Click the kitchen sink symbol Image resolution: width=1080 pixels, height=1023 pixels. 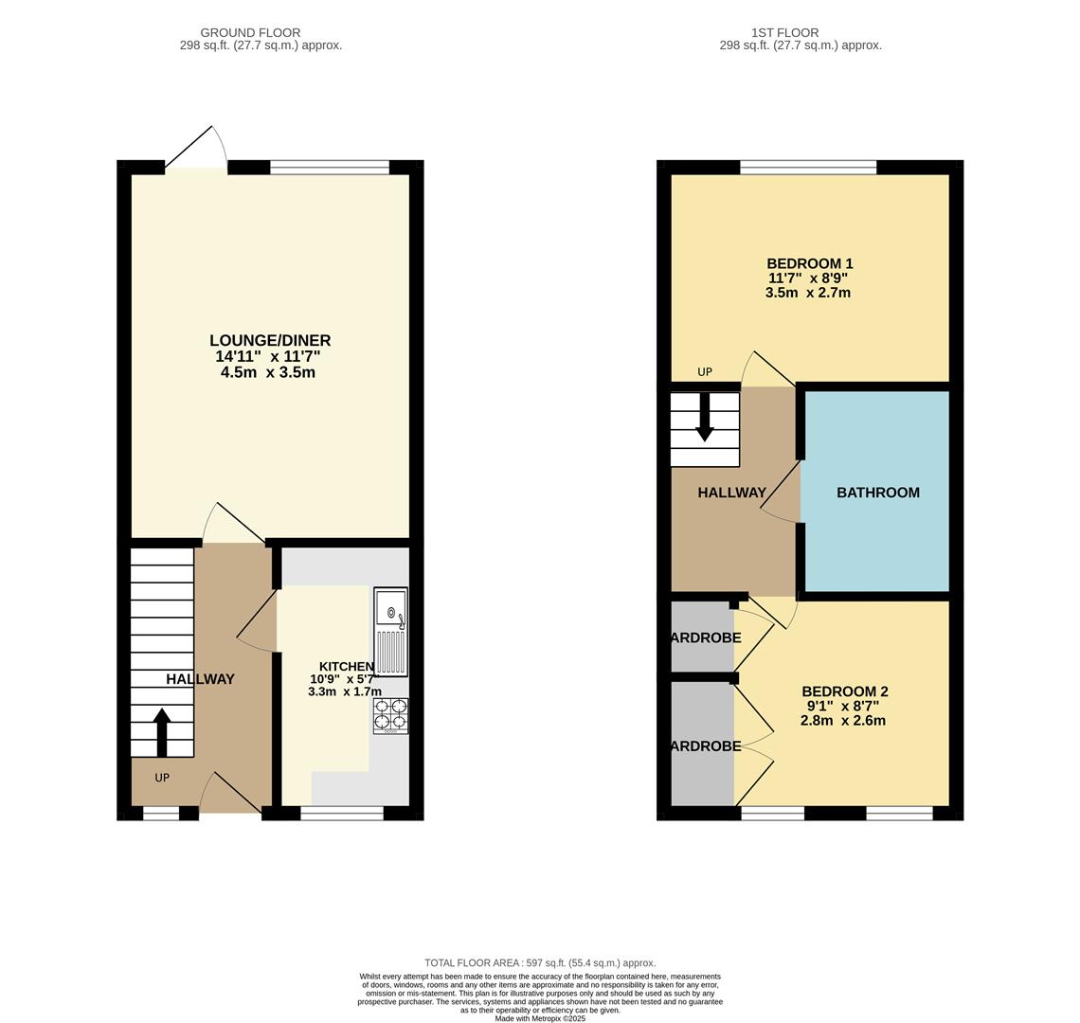coord(390,631)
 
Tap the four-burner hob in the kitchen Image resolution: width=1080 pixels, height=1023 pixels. coord(390,715)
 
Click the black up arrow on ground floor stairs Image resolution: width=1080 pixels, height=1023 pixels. coord(162,731)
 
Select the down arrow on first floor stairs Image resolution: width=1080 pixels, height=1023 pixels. coord(704,419)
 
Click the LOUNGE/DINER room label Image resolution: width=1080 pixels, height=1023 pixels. coord(270,340)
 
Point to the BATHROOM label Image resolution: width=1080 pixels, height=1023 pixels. coord(877,493)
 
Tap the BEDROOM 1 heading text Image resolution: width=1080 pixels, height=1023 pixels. coord(809,263)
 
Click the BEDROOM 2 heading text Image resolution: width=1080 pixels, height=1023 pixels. coord(844,691)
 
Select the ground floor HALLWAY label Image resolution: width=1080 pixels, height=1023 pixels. coord(200,679)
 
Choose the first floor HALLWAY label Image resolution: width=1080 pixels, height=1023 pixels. coord(731,493)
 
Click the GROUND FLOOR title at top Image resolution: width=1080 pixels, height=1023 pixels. coord(250,32)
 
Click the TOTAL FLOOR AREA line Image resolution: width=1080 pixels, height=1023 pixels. coord(539,962)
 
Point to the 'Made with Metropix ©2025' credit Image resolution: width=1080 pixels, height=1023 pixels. coord(539,1018)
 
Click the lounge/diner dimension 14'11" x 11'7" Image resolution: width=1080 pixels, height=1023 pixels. coord(268,356)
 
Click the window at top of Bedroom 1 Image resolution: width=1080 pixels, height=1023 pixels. coord(808,168)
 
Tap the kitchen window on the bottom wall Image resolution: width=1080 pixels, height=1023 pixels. coord(341,813)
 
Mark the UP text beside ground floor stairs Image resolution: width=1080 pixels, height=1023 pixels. coord(162,778)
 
